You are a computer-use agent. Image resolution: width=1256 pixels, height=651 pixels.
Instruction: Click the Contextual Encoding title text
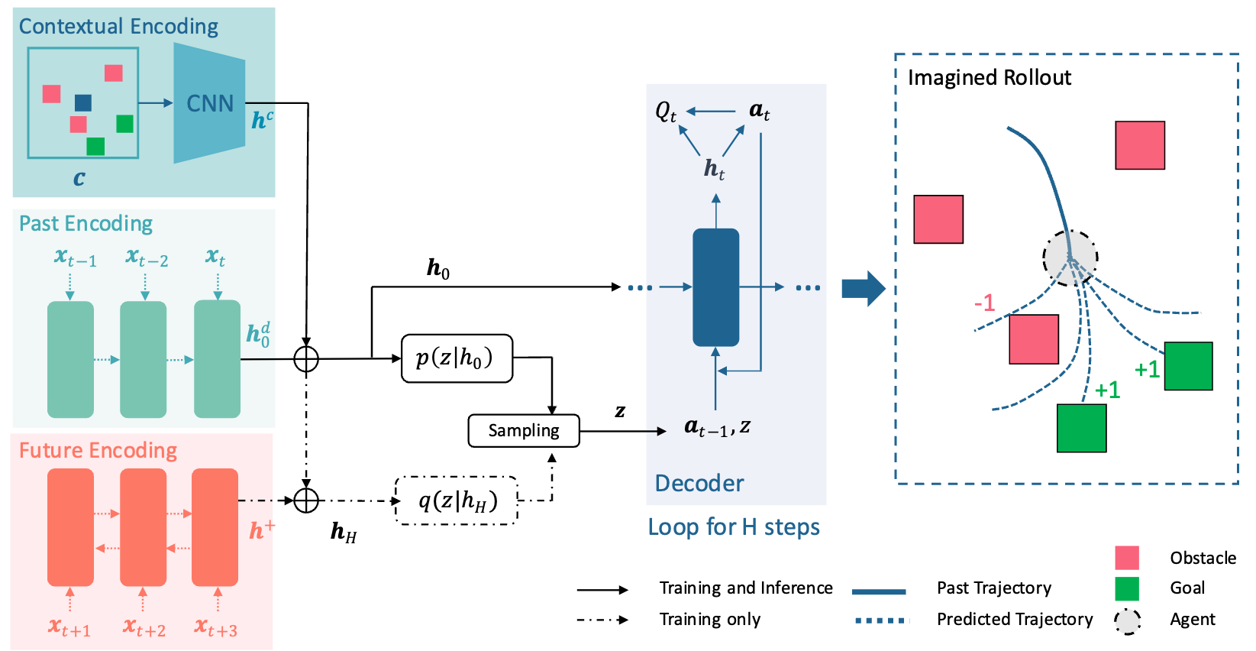coord(118,27)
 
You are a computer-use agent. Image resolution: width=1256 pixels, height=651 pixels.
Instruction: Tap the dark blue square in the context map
coord(83,102)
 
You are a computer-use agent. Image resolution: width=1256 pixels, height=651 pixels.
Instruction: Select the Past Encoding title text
coord(86,224)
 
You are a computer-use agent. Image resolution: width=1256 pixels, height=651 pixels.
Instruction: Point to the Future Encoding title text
coord(98,451)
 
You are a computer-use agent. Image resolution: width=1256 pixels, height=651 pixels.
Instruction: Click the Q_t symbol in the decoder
coord(666,112)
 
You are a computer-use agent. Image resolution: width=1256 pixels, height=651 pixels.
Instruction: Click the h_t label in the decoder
coord(714,169)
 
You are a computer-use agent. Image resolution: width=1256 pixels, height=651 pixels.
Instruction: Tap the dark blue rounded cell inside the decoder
coord(715,287)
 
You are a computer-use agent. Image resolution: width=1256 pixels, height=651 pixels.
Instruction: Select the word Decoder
coord(699,484)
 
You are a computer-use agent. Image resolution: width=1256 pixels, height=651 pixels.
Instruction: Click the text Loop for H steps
coord(733,527)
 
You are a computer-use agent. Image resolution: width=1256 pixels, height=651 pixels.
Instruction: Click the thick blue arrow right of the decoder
coord(864,288)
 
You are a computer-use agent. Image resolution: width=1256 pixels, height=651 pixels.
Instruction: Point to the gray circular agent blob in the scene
coord(1070,257)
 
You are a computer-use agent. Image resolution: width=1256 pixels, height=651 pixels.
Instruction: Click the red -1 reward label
coord(984,303)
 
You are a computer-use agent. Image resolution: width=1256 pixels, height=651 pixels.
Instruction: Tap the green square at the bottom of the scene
coord(1081,428)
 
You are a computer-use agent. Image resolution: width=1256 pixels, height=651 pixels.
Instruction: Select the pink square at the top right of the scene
coord(1140,145)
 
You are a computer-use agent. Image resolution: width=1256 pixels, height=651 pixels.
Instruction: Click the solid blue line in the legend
coord(879,592)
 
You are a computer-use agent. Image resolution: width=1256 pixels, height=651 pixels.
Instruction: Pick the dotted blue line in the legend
coord(882,620)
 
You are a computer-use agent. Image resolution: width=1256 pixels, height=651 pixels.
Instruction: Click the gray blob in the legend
coord(1127,621)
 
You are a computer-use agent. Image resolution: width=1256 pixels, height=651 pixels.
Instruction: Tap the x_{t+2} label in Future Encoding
coord(144,629)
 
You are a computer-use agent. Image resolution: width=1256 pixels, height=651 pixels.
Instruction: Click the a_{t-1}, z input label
coord(717,428)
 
